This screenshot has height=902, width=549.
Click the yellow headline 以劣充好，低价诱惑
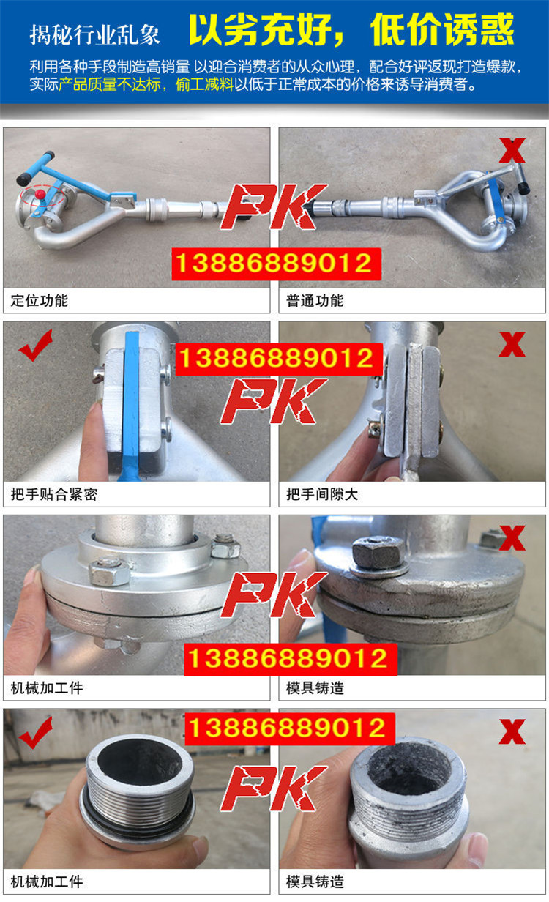[x=351, y=30]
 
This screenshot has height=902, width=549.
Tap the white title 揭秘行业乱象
[x=95, y=34]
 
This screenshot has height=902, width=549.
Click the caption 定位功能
[x=39, y=300]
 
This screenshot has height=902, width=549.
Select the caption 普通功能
[x=315, y=300]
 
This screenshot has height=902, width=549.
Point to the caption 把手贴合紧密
[x=54, y=494]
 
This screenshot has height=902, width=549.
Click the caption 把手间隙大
[x=322, y=494]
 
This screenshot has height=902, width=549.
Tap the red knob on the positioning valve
[x=40, y=194]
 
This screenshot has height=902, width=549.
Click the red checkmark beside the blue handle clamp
[x=35, y=345]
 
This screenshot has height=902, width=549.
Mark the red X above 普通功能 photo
[x=512, y=150]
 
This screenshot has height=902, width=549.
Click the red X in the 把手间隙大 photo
[x=512, y=344]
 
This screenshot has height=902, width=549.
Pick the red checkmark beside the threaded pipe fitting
[x=35, y=732]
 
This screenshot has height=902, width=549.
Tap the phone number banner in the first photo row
[x=276, y=264]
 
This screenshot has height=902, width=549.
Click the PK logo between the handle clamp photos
[x=274, y=401]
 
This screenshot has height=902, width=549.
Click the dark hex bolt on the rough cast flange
[x=378, y=551]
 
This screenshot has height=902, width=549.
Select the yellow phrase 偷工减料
[x=204, y=85]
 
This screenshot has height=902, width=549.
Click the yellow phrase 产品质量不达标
[x=110, y=85]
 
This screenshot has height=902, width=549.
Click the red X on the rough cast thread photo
[x=512, y=731]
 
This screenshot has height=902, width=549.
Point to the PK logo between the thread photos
[x=274, y=789]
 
